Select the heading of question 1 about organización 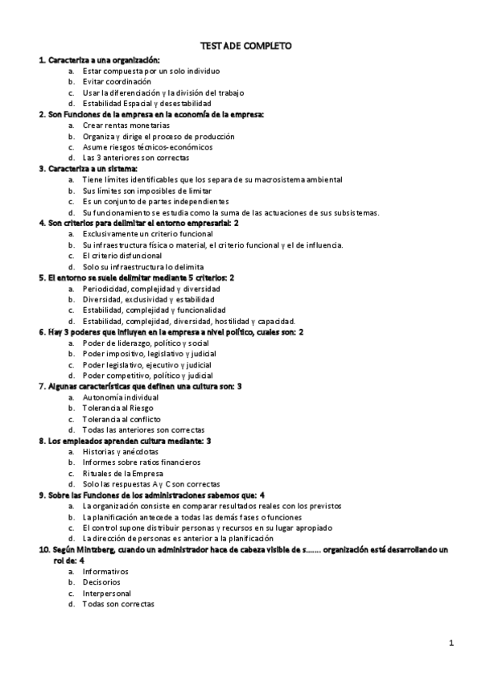(99, 60)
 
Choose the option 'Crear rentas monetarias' (126, 125)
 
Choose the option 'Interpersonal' (107, 594)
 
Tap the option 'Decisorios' (101, 582)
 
